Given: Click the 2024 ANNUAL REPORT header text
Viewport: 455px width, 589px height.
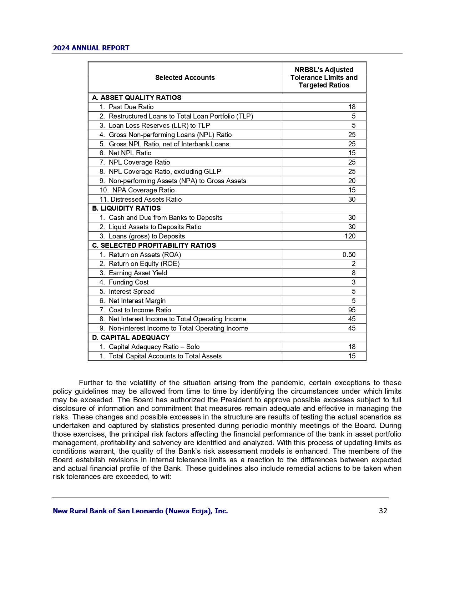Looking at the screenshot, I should coord(91,48).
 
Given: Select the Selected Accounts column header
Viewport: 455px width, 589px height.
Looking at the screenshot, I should coord(185,77).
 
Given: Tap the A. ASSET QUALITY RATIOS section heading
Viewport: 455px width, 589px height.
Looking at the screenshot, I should coord(137,97).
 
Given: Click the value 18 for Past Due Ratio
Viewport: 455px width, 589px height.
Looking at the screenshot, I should coord(352,107).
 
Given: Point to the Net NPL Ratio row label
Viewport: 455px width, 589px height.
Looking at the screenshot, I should coord(130,153).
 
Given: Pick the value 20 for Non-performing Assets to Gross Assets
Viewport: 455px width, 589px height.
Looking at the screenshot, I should coord(352,181).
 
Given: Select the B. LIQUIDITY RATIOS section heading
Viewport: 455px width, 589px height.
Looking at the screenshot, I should coord(126,208).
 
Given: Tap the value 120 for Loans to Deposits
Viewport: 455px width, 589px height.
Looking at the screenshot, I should coord(350,236).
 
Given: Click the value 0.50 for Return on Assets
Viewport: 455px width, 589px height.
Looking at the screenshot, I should coord(349,255).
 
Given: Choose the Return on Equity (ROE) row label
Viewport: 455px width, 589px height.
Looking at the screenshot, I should coord(144,263).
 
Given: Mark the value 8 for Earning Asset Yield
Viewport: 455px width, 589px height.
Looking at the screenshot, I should coord(354,273).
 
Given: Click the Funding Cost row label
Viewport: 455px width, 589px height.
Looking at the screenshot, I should coord(128,282).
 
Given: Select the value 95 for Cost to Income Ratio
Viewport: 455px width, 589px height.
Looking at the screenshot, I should coord(352,310).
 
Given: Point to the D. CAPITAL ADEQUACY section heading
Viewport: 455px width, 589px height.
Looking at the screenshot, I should coord(131,337).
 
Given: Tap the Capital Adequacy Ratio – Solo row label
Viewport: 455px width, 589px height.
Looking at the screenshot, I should coord(154,347).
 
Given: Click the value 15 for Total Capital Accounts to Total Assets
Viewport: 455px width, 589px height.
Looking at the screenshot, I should coord(352,356).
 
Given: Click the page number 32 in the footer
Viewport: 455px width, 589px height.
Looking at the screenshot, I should coord(383,511).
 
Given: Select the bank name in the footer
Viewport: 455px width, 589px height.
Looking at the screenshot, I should coord(140,511).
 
